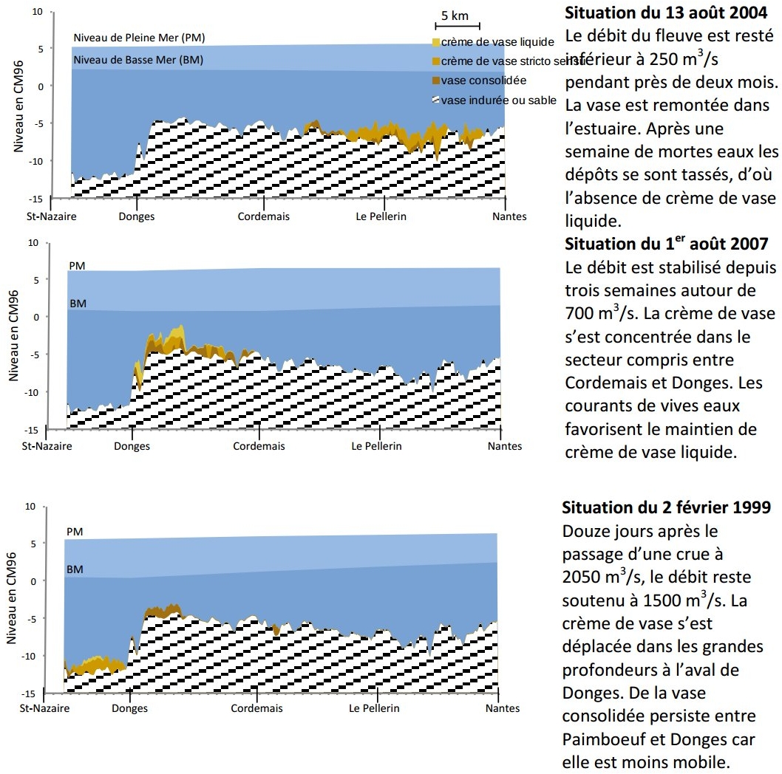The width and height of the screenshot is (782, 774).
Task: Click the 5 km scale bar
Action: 458,25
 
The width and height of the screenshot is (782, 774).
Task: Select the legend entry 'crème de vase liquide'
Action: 493,42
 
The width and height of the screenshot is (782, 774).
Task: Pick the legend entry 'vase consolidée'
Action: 479,81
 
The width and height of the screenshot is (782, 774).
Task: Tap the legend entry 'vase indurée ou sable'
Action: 494,100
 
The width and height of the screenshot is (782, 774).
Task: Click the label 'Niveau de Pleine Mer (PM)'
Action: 139,38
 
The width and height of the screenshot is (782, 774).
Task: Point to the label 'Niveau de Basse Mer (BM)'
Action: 138,60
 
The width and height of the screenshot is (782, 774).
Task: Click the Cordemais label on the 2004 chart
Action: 263,216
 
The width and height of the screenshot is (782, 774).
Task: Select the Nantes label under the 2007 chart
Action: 505,446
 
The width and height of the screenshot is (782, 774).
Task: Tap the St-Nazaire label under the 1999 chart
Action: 44,708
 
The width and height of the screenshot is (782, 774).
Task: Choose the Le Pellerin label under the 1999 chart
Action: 374,708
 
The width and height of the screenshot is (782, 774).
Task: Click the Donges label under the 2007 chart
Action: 132,446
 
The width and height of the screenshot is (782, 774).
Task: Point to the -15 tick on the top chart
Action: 35,199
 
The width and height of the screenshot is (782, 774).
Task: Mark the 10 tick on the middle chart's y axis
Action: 33,243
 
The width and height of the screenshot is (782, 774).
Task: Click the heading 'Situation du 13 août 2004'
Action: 666,13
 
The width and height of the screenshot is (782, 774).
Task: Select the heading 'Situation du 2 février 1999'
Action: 666,507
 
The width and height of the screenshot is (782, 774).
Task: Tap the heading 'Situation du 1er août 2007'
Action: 666,243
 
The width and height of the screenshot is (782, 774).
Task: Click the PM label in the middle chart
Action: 77,266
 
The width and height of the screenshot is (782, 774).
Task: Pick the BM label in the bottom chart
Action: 75,569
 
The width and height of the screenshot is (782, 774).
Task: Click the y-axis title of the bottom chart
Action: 12,598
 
